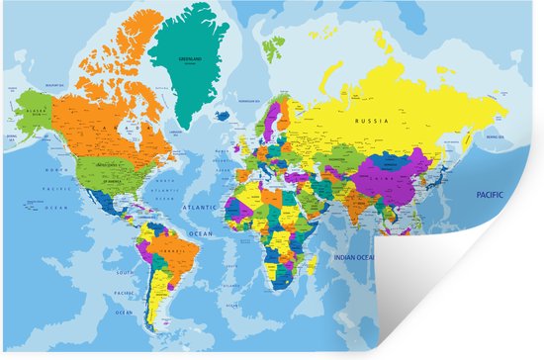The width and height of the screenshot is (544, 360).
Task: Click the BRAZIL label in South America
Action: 177,251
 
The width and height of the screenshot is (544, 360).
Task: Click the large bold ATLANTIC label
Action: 200,209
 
